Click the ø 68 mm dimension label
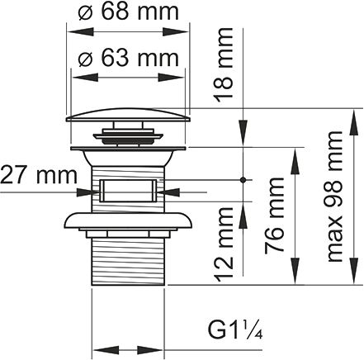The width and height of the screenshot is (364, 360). [128, 12]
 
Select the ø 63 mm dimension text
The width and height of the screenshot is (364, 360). [128, 58]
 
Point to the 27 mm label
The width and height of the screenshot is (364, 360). [39, 175]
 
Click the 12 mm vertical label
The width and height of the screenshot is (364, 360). [224, 244]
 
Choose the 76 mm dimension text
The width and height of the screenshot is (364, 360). [274, 216]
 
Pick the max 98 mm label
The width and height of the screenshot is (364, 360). [334, 197]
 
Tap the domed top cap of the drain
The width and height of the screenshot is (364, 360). [128, 115]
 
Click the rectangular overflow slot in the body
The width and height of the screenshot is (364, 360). [128, 191]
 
